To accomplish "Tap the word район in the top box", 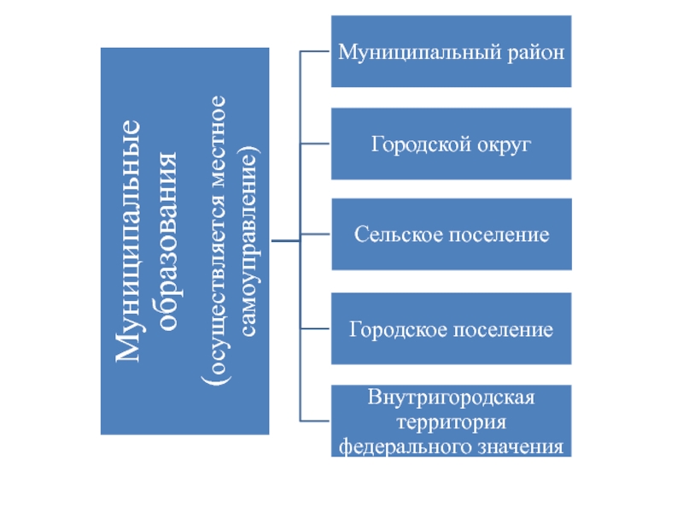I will pos(538,52).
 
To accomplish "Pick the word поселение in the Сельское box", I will pos(498,234).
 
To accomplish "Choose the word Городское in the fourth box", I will pos(393,329).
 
